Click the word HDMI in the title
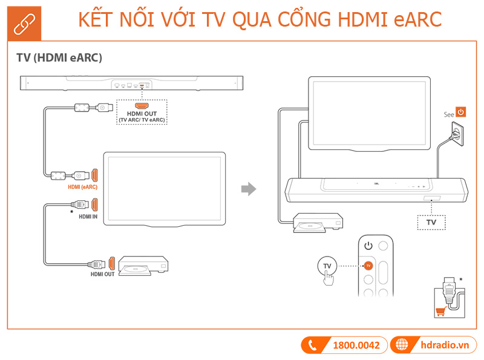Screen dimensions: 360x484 tap(358, 19)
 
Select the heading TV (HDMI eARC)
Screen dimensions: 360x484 tap(59, 58)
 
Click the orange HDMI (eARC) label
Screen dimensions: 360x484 tap(83, 187)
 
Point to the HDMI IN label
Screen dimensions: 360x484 tap(88, 215)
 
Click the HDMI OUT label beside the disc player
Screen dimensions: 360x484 tap(102, 274)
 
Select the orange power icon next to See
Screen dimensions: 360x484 tap(461, 112)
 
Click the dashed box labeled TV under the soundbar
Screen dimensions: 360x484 tap(431, 223)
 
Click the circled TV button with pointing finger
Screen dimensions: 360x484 tap(327, 266)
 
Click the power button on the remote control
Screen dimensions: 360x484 tap(368, 246)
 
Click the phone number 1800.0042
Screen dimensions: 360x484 tap(356, 345)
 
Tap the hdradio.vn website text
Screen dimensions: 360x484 tap(445, 345)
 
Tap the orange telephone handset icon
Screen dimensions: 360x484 tap(313, 345)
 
